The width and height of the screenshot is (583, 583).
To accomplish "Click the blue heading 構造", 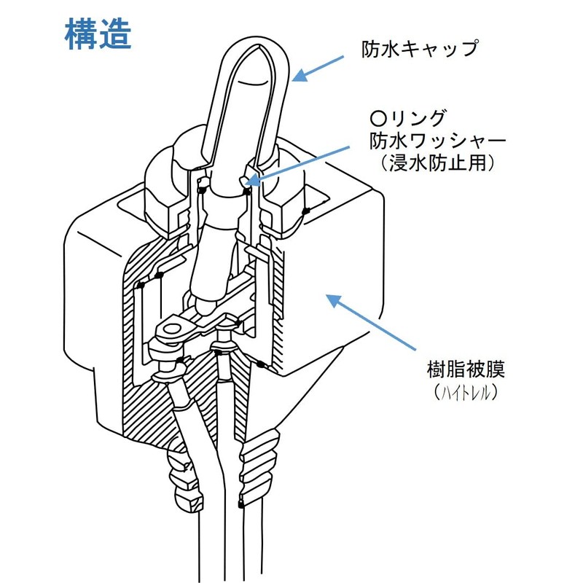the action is pyautogui.click(x=98, y=34).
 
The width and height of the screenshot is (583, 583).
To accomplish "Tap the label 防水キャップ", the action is pyautogui.click(x=420, y=49).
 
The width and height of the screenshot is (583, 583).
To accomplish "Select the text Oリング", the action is pyautogui.click(x=407, y=119).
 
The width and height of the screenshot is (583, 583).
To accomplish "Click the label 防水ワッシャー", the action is pyautogui.click(x=438, y=141).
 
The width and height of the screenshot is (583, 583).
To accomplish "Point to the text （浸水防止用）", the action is pyautogui.click(x=438, y=163).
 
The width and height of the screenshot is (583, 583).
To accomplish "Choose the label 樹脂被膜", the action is pyautogui.click(x=466, y=369).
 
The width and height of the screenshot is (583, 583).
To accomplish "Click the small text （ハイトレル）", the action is pyautogui.click(x=466, y=392).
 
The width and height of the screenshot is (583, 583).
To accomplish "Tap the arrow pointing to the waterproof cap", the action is pyautogui.click(x=318, y=69).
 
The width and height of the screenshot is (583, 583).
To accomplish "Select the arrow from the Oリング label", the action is pyautogui.click(x=297, y=166).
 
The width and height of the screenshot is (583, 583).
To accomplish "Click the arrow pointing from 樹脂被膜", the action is pyautogui.click(x=371, y=322).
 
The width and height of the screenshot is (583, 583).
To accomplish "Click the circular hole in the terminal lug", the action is pyautogui.click(x=172, y=329).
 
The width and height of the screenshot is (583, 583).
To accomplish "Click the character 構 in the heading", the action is pyautogui.click(x=81, y=34).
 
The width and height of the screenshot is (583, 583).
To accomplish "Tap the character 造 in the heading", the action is pyautogui.click(x=115, y=34).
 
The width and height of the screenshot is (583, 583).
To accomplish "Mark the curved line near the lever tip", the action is pyautogui.click(x=253, y=82).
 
